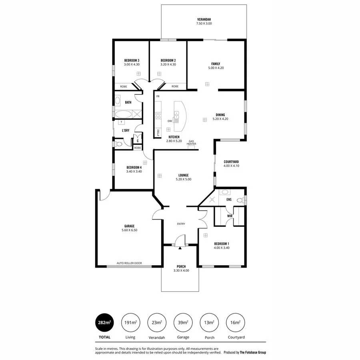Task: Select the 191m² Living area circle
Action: (x=130, y=322)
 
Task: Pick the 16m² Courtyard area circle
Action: (x=236, y=322)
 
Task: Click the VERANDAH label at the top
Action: (x=204, y=19)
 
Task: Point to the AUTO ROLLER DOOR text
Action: (x=129, y=263)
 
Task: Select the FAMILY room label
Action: (x=216, y=64)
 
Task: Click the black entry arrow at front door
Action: (x=180, y=248)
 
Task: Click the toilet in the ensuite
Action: (x=240, y=200)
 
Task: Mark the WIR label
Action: (x=230, y=216)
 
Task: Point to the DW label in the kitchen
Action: (x=170, y=121)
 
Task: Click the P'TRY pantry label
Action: (x=158, y=132)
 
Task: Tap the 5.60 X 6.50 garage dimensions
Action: (x=129, y=230)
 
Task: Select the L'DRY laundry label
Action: (x=126, y=130)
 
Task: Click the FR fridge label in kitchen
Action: (x=158, y=96)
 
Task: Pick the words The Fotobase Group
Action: (x=252, y=352)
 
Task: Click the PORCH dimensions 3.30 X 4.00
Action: (x=181, y=271)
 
